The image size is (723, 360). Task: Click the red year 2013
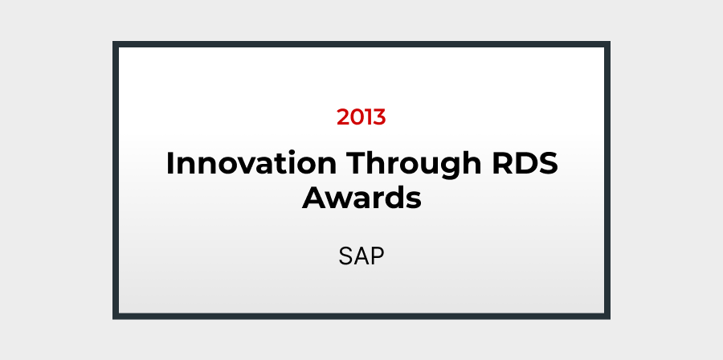coord(361,117)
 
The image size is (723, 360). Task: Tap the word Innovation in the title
coord(251,163)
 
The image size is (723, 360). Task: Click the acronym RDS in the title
coord(525,163)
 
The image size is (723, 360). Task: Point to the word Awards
coord(361,198)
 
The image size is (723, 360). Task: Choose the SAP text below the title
coord(361,256)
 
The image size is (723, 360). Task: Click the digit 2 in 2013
coord(344,117)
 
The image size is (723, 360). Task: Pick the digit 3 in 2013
coord(378,117)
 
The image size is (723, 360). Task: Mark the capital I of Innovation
coord(170,163)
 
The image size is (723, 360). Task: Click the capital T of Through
coord(357,163)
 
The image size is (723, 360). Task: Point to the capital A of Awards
coord(313,198)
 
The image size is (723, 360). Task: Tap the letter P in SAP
coord(377,256)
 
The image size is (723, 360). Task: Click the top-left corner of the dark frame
coord(112,42)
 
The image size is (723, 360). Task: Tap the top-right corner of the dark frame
coord(610,42)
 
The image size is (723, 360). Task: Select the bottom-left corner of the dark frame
coord(112,319)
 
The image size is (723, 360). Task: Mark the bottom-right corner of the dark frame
coord(610,319)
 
